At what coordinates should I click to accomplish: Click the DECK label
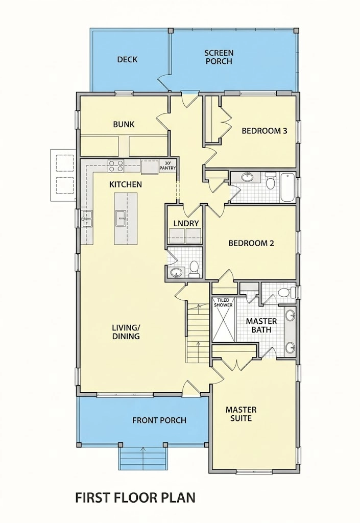coord(127,60)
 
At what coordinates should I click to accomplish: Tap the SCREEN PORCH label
coord(219,57)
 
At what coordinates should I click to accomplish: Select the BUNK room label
coord(124,125)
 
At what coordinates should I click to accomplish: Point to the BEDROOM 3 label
coord(265,131)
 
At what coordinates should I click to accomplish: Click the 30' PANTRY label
coord(167,166)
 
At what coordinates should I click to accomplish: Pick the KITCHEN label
coord(126,184)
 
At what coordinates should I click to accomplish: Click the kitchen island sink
coord(121,218)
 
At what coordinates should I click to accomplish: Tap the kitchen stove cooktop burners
coord(116,166)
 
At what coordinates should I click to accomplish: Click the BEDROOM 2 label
coord(251,243)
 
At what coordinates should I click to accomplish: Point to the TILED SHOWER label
coord(223,302)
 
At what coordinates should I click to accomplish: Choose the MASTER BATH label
coord(261,325)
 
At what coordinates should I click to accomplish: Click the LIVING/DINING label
coord(126,332)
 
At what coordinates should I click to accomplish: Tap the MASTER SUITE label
coord(241,414)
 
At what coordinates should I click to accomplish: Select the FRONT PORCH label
coord(159,420)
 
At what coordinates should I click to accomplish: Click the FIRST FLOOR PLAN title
coord(135,497)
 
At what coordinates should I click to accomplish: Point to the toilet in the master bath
coord(286,293)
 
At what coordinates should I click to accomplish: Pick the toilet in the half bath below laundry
coord(194,269)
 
